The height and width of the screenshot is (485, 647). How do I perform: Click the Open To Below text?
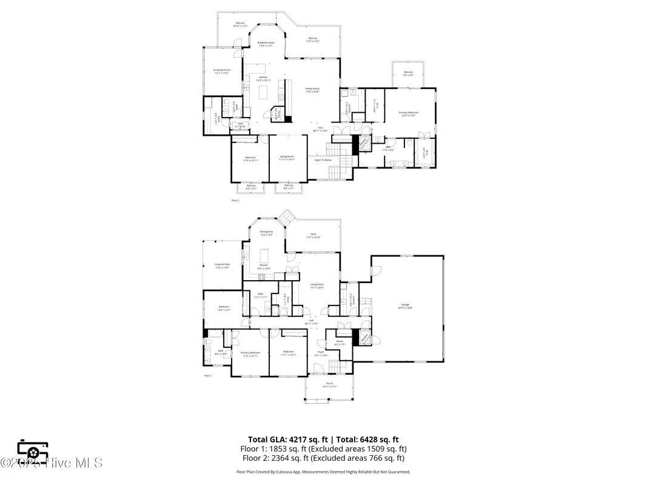(323, 160)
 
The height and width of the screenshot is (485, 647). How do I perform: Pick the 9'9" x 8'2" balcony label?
(408, 74)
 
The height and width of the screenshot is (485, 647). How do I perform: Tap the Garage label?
(404, 306)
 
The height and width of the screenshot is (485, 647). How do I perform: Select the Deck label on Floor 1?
(313, 235)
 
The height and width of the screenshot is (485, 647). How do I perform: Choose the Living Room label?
(317, 286)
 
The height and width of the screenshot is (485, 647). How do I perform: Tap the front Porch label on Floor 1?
(330, 384)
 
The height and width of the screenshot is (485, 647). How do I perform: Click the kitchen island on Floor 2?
(263, 92)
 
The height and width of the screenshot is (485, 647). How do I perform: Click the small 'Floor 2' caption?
(235, 200)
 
